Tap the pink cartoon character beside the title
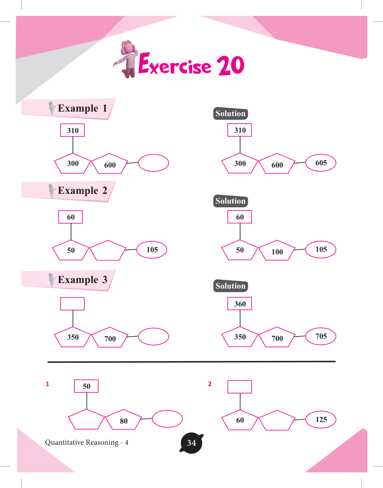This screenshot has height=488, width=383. [128, 59]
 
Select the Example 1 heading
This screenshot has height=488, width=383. [82, 108]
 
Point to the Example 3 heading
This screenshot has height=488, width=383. [82, 280]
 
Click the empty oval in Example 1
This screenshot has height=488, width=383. [153, 163]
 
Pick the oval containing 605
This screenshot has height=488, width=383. [321, 163]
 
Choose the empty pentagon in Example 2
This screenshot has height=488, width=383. [107, 251]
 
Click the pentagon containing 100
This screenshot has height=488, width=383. [277, 251]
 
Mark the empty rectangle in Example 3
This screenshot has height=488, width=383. [73, 304]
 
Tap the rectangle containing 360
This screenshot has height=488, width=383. [240, 304]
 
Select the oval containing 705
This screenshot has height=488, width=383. [321, 336]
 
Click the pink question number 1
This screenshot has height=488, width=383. [48, 384]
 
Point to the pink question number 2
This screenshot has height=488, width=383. [210, 384]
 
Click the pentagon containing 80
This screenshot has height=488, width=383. [123, 420]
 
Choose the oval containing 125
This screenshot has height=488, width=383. [321, 419]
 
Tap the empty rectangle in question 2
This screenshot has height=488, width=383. [240, 387]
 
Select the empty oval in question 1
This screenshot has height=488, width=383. [167, 418]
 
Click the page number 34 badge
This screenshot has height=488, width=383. [191, 443]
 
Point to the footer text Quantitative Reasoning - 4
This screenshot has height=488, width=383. [87, 442]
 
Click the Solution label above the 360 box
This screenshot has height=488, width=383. [231, 286]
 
